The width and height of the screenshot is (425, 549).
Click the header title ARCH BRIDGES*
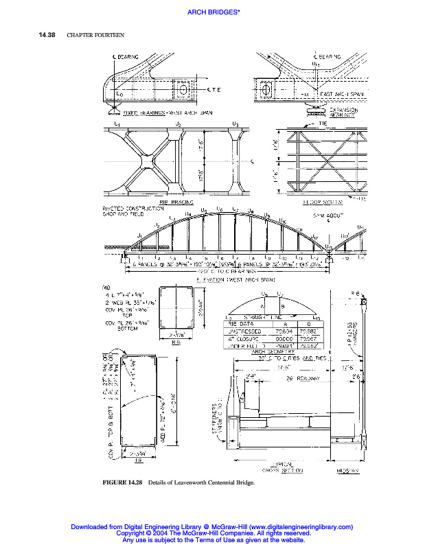(212, 12)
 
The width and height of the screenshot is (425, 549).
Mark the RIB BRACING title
(173, 202)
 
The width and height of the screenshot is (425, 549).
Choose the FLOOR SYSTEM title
(321, 202)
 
